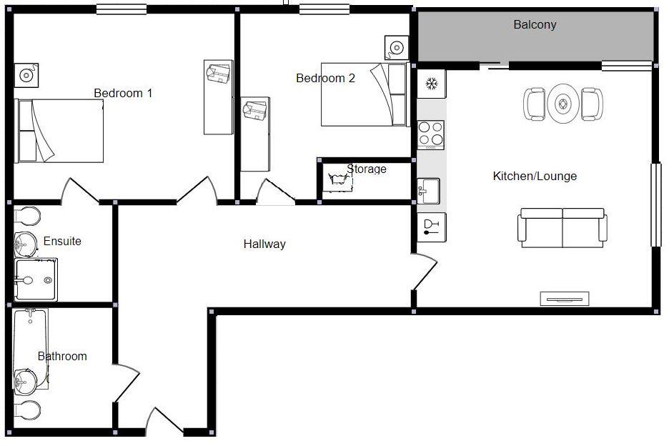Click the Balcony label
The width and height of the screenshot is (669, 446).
(x=535, y=25)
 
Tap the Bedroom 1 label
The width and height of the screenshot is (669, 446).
(x=123, y=93)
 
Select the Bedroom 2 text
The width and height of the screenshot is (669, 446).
(x=325, y=79)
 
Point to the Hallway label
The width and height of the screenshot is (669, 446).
(x=264, y=244)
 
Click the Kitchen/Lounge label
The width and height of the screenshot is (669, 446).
(x=535, y=177)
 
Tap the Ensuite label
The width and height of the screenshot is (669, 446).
(x=62, y=242)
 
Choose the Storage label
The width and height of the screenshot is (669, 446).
(x=367, y=169)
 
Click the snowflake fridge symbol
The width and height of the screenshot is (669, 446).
(x=432, y=84)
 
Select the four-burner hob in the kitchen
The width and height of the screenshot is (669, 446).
(x=431, y=134)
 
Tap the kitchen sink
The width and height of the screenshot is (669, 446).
(x=429, y=190)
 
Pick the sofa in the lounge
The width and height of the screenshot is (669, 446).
(x=563, y=227)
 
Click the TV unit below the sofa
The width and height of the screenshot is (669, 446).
(x=564, y=299)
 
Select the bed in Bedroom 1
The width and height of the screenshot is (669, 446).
(x=60, y=131)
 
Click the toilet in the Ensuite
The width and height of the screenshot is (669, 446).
(x=26, y=215)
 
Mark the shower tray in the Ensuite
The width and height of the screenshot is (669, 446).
(x=36, y=279)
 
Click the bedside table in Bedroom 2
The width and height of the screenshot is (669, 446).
(x=395, y=47)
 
